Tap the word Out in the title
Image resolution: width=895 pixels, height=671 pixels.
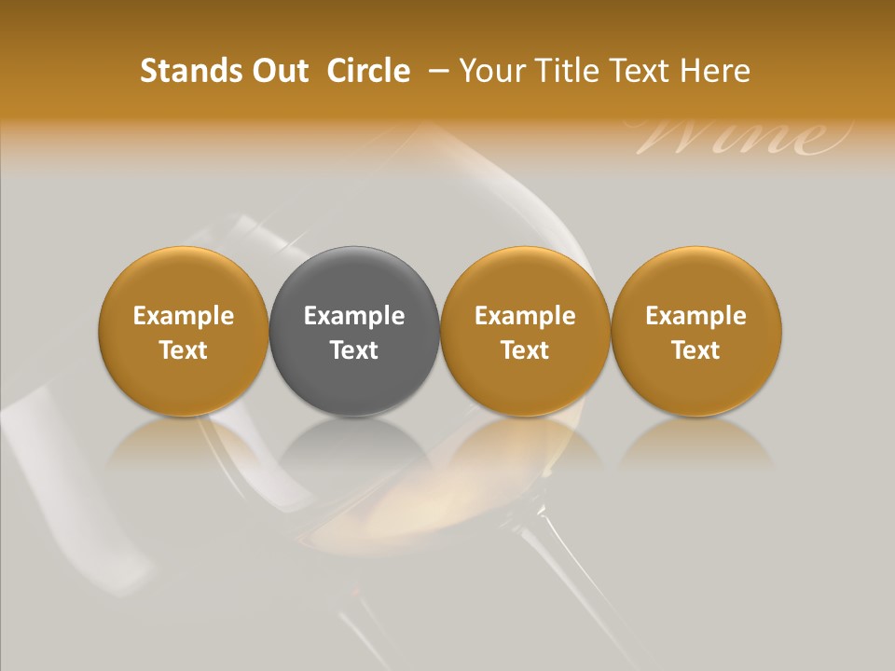pyautogui.click(x=277, y=71)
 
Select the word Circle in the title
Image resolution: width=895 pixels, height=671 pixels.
pyautogui.click(x=368, y=71)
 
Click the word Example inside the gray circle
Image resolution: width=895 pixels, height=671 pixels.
pyautogui.click(x=354, y=316)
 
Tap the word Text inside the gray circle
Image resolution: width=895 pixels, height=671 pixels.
pyautogui.click(x=354, y=350)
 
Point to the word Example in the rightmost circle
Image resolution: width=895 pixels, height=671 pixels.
pyautogui.click(x=696, y=316)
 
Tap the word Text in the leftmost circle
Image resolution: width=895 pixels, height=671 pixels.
pyautogui.click(x=184, y=350)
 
